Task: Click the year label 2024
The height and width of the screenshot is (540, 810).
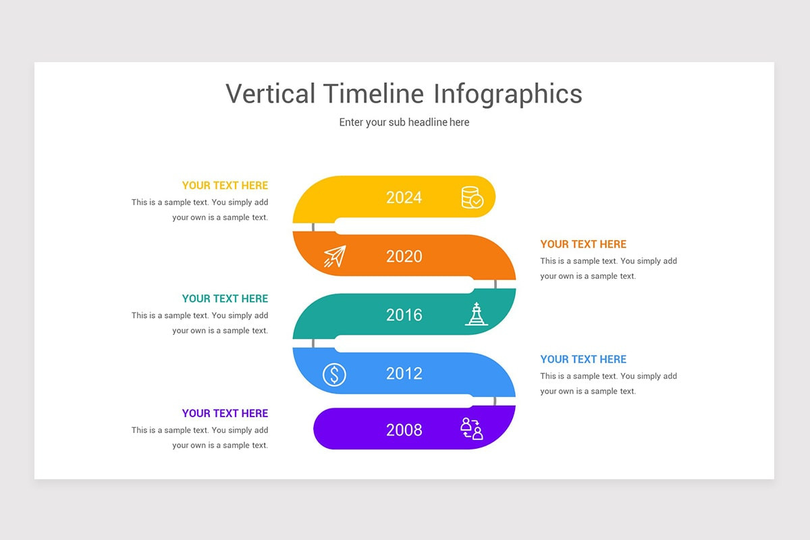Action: click(x=404, y=197)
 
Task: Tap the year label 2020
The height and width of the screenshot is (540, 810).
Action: click(x=404, y=256)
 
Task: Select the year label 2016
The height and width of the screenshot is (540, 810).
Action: click(x=404, y=315)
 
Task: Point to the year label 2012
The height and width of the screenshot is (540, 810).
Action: click(x=404, y=373)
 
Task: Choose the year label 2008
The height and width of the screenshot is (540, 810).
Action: click(x=404, y=430)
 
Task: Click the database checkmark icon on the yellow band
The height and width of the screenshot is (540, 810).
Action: click(x=472, y=198)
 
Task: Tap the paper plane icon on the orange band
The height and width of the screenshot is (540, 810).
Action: click(x=335, y=256)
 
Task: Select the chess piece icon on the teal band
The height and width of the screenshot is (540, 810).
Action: click(x=477, y=315)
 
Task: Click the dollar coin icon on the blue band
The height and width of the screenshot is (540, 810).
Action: click(x=334, y=374)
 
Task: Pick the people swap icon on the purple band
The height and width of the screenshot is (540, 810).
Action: click(x=471, y=429)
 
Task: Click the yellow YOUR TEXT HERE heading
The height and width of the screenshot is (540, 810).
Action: click(x=225, y=186)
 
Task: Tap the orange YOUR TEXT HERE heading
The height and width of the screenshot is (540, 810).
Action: click(x=583, y=244)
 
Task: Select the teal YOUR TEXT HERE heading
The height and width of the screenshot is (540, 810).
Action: click(x=225, y=298)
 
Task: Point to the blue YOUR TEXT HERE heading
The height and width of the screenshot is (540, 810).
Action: click(x=583, y=359)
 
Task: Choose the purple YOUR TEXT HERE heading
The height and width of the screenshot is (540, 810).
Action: click(x=225, y=413)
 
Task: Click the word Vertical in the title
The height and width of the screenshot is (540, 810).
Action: click(x=270, y=94)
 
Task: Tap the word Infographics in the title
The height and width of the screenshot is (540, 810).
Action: click(x=508, y=94)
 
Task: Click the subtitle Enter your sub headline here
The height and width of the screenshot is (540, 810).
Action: click(x=404, y=122)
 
